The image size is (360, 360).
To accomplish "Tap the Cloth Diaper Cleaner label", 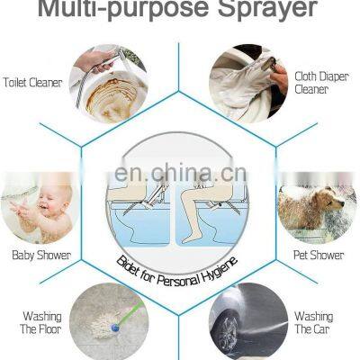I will coord(317,82).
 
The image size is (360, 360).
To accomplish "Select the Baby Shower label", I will coord(35,255).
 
